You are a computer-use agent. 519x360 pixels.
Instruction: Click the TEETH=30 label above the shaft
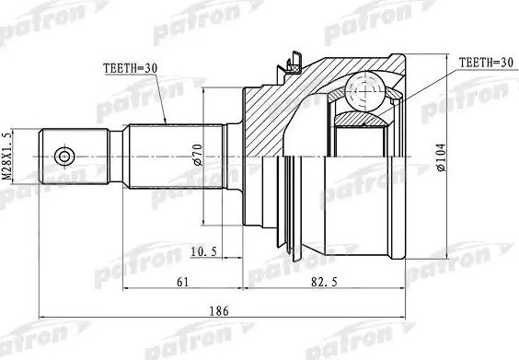[130, 66]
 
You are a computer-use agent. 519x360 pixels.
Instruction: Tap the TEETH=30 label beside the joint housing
[481, 62]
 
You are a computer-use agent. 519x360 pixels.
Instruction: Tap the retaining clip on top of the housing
[294, 64]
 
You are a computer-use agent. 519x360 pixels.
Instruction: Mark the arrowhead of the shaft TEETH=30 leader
[165, 123]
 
